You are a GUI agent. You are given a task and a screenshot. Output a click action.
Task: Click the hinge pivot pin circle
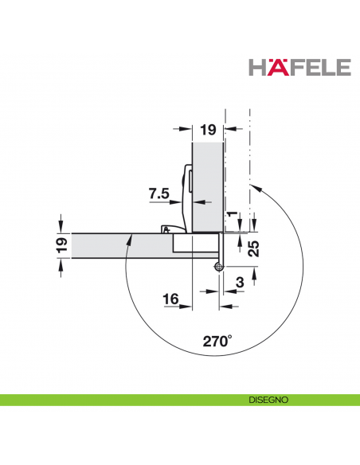[x=217, y=268]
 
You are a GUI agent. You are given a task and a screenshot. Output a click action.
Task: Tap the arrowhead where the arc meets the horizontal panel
[x=130, y=238]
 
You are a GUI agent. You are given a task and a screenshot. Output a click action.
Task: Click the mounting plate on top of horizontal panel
[x=171, y=229]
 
